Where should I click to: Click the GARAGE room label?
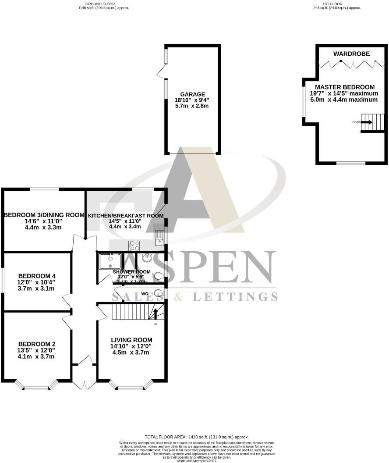tap(193, 94)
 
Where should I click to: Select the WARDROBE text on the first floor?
tap(351, 54)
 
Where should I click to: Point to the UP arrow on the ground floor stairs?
tap(156, 314)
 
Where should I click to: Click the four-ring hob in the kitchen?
tap(134, 245)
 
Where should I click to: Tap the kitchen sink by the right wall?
tap(159, 238)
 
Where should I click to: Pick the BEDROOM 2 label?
tap(36, 344)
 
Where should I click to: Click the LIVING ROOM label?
tap(131, 340)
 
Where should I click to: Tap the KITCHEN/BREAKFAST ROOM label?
tap(126, 216)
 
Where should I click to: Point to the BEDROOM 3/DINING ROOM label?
tap(44, 215)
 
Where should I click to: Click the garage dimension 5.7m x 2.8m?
tap(193, 106)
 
